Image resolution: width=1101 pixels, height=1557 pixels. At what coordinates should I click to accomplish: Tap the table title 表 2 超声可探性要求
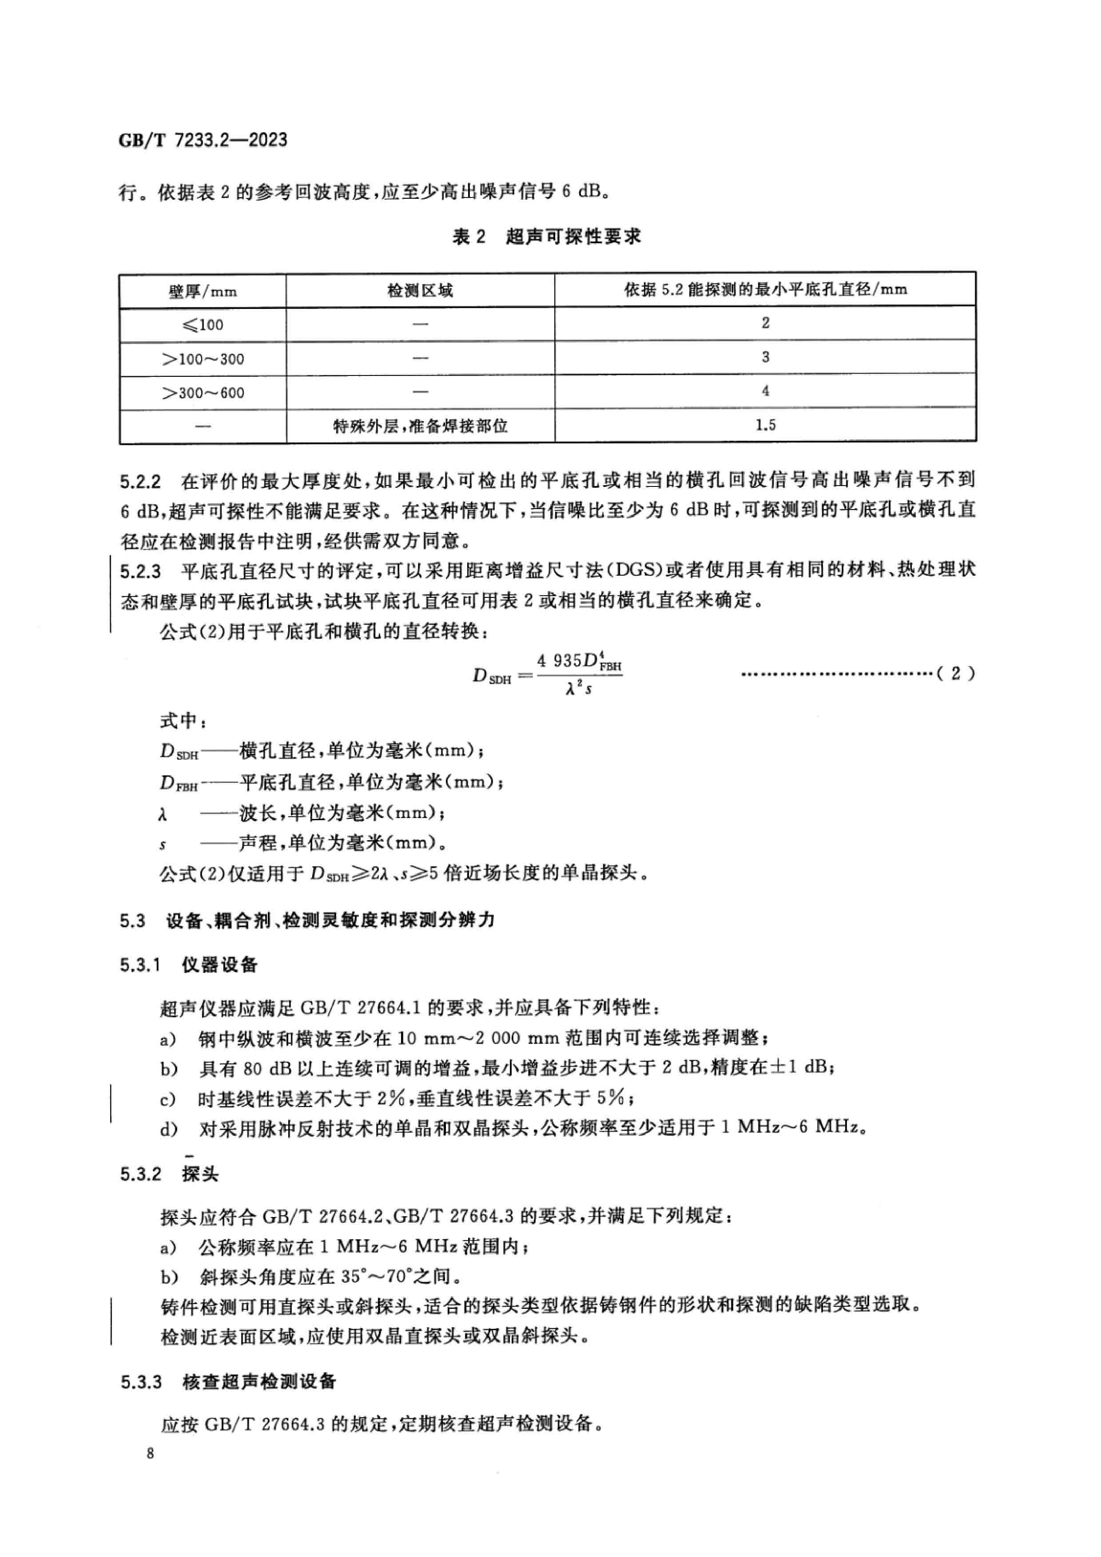[x=546, y=237]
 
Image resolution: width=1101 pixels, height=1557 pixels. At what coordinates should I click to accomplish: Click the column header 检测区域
[x=420, y=291]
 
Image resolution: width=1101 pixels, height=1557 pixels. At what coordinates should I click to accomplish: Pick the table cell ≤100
[x=203, y=325]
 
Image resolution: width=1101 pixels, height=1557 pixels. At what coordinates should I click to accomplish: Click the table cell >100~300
[x=203, y=359]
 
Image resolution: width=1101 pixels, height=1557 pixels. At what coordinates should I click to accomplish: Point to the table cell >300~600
[x=203, y=393]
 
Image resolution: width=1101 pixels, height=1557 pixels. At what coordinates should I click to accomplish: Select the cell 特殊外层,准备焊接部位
[x=420, y=426]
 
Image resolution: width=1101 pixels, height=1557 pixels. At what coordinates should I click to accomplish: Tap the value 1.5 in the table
[x=765, y=425]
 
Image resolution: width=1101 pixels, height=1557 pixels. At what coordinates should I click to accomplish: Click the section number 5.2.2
[x=140, y=482]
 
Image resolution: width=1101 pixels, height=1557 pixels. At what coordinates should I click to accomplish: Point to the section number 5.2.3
[x=140, y=571]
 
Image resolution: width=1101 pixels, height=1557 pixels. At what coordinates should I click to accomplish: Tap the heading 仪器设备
[x=219, y=964]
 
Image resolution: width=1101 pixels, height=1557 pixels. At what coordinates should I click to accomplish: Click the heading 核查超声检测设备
[x=259, y=1381]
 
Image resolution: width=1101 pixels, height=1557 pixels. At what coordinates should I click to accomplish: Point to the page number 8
[x=150, y=1453]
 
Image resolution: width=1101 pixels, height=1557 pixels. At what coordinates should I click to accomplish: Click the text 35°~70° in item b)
[x=375, y=1276]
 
